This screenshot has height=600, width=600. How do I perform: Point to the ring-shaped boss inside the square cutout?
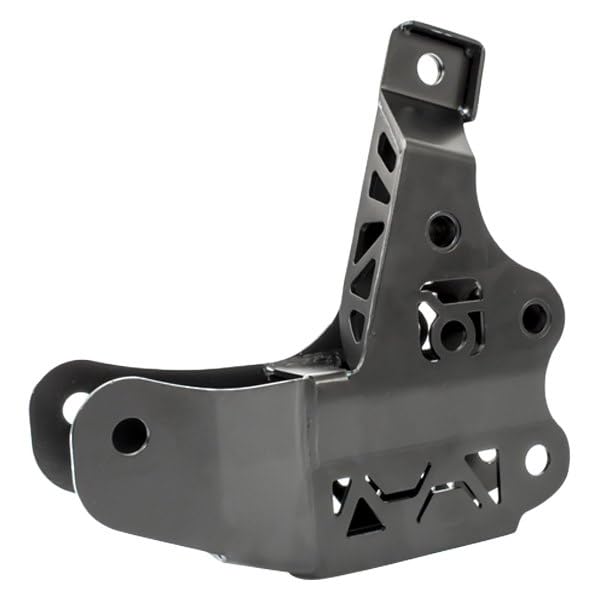point(456,332)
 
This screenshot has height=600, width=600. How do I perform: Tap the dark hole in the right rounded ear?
point(535,317)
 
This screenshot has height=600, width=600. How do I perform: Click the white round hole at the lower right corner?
point(536,459)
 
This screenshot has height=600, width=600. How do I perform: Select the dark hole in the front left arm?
point(130,434)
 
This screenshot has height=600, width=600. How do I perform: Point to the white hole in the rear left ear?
point(73,406)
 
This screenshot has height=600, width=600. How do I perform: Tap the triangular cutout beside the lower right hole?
point(488,461)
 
